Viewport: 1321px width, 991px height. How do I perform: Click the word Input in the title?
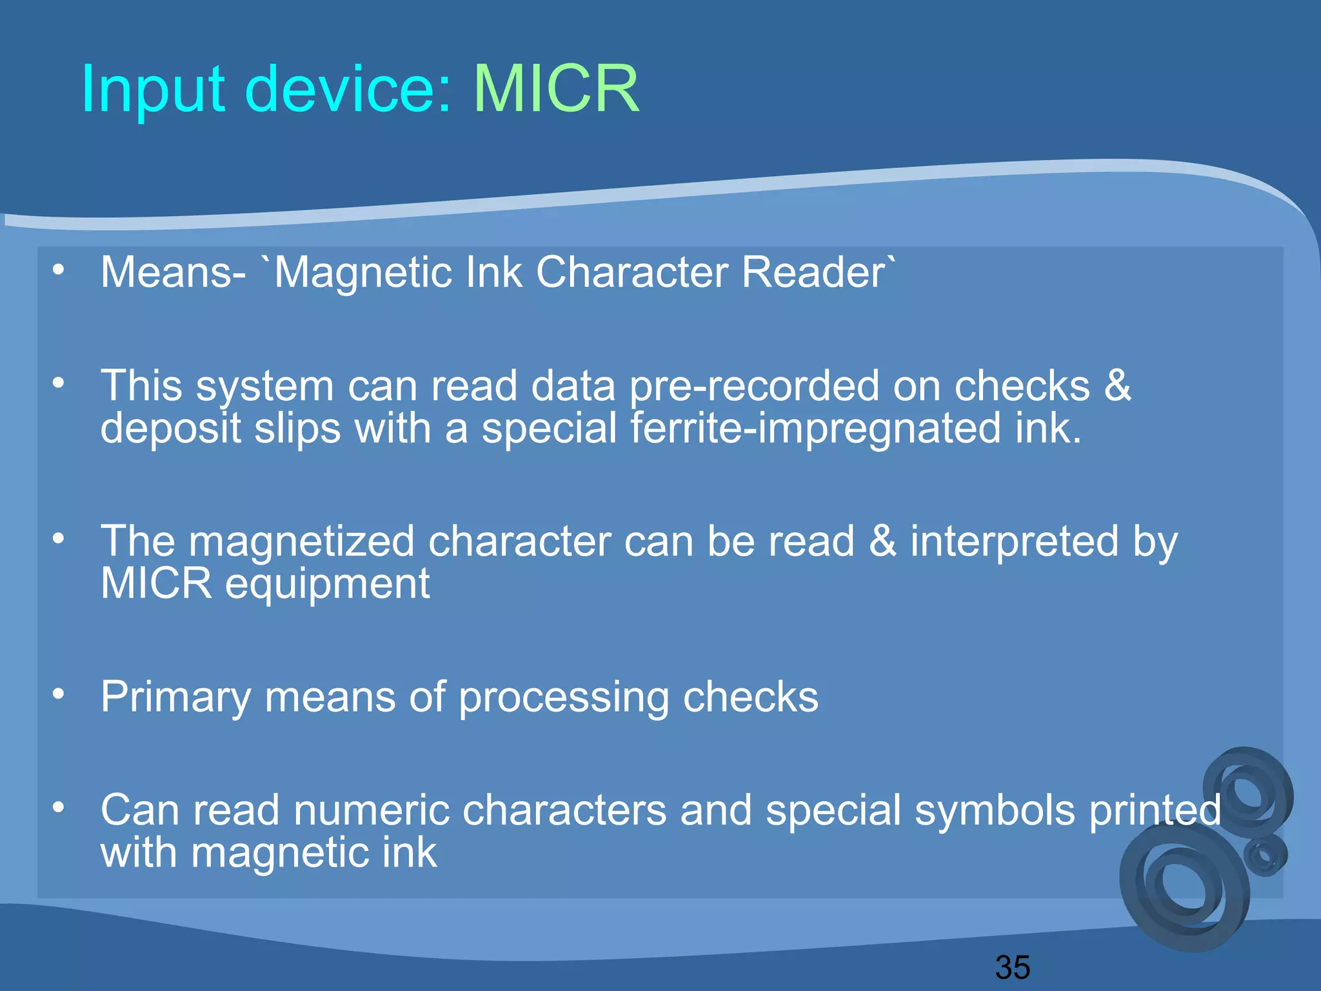tap(153, 90)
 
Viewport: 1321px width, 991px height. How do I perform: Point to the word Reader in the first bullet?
tap(814, 272)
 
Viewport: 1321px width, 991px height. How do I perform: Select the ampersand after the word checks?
tap(1117, 385)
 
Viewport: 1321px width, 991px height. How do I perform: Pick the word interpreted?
tap(1014, 542)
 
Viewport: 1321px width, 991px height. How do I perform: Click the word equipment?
tap(327, 585)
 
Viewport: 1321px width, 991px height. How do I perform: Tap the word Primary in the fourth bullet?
tap(175, 698)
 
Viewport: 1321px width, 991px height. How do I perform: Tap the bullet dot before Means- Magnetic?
tap(59, 269)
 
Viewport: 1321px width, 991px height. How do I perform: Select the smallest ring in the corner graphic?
tap(1266, 856)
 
